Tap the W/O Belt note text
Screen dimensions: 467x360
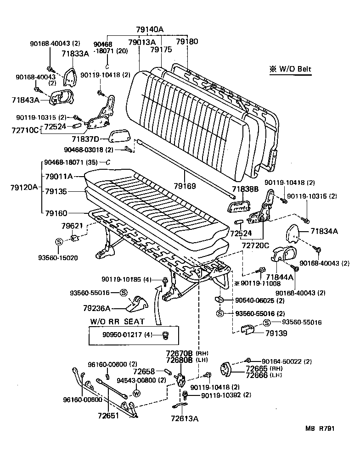coord(290,70)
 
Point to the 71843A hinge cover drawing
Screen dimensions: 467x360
coord(61,97)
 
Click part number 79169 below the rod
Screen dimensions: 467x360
coord(185,186)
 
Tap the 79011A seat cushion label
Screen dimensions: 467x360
coord(59,176)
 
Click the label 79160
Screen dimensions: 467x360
coord(56,213)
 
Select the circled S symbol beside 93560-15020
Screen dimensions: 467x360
coord(59,241)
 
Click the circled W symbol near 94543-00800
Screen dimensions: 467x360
coord(136,393)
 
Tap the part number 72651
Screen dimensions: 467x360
coord(108,416)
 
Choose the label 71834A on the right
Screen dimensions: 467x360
coord(324,232)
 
